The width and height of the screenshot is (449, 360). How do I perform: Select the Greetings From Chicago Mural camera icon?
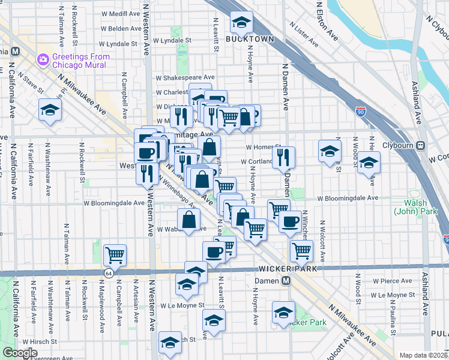click(x=43, y=59)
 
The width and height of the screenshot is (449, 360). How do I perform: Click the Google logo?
click(x=20, y=353)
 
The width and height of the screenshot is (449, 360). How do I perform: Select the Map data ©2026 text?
click(x=424, y=355)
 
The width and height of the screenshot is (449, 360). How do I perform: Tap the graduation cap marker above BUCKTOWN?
click(x=241, y=23)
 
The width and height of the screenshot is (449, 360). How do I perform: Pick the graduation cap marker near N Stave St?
click(x=50, y=109)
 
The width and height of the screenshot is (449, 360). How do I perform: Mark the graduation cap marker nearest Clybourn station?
click(x=369, y=163)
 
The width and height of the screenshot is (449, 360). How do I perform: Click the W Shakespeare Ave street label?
click(x=185, y=77)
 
